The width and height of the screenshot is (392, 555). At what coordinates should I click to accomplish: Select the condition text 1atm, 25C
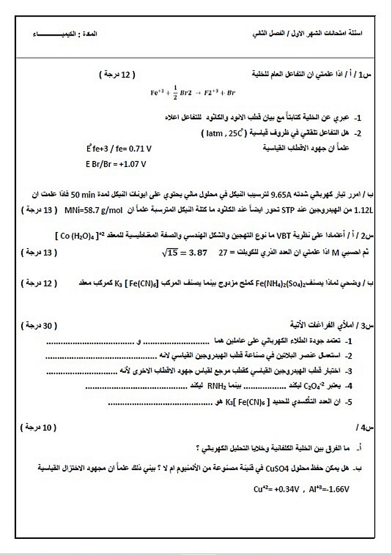(x=220, y=134)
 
